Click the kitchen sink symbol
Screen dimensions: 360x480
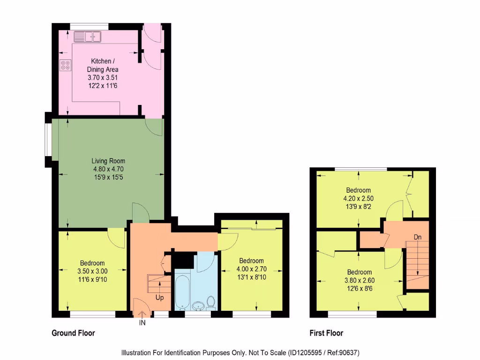pyautogui.click(x=88, y=36)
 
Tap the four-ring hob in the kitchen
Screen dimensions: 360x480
pyautogui.click(x=66, y=66)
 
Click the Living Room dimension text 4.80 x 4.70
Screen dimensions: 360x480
pyautogui.click(x=108, y=169)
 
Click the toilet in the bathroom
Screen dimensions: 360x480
pyautogui.click(x=210, y=303)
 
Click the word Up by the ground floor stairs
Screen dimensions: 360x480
pyautogui.click(x=160, y=298)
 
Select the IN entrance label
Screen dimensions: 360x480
pyautogui.click(x=142, y=323)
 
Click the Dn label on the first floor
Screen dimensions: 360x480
pyautogui.click(x=417, y=237)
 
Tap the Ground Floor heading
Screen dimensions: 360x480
pyautogui.click(x=73, y=333)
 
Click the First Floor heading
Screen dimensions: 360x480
pyautogui.click(x=326, y=333)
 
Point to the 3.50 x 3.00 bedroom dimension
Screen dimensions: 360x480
pyautogui.click(x=92, y=271)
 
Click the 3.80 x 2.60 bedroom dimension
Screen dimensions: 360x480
pyautogui.click(x=360, y=280)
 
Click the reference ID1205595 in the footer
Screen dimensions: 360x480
pyautogui.click(x=308, y=352)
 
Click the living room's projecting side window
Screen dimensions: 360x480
pyautogui.click(x=48, y=139)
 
